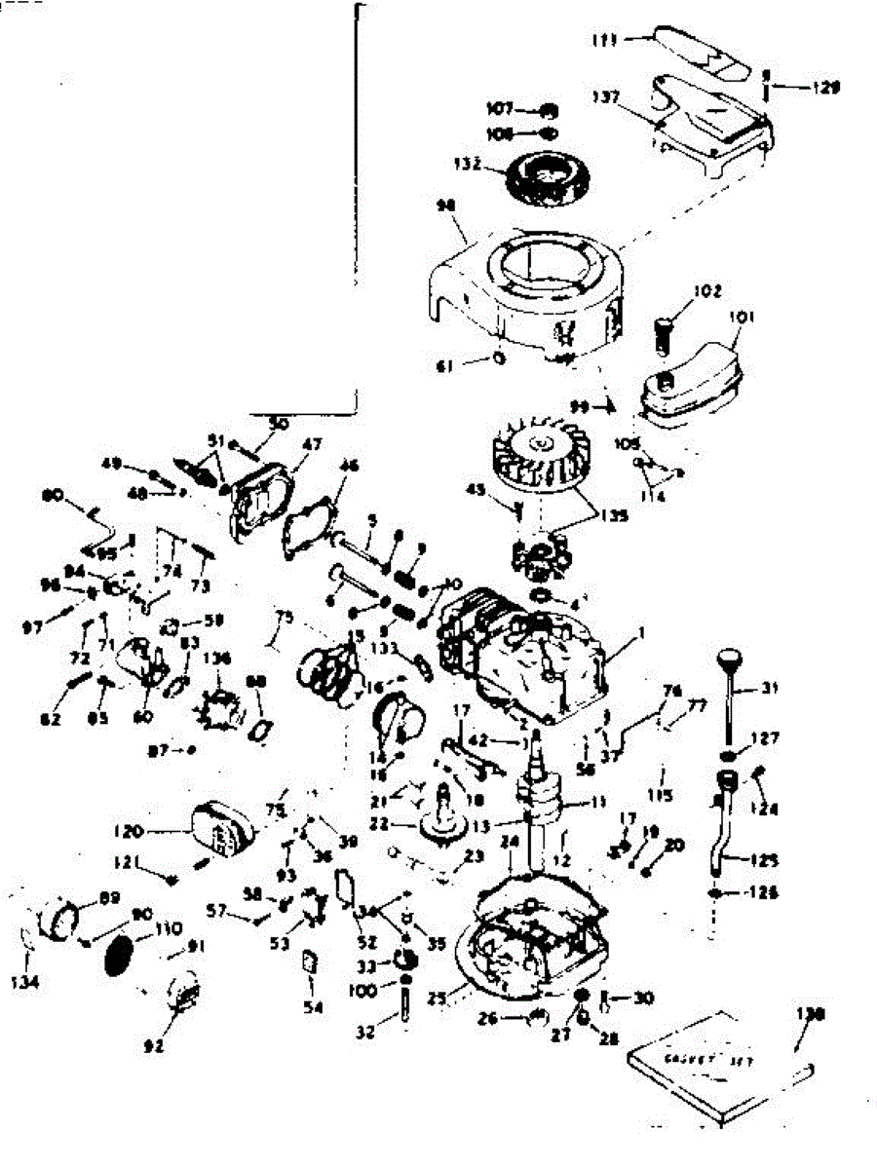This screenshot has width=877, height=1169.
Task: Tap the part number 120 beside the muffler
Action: point(157,833)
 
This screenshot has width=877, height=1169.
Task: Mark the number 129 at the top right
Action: point(823,88)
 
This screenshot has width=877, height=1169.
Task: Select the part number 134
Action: point(26,983)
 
